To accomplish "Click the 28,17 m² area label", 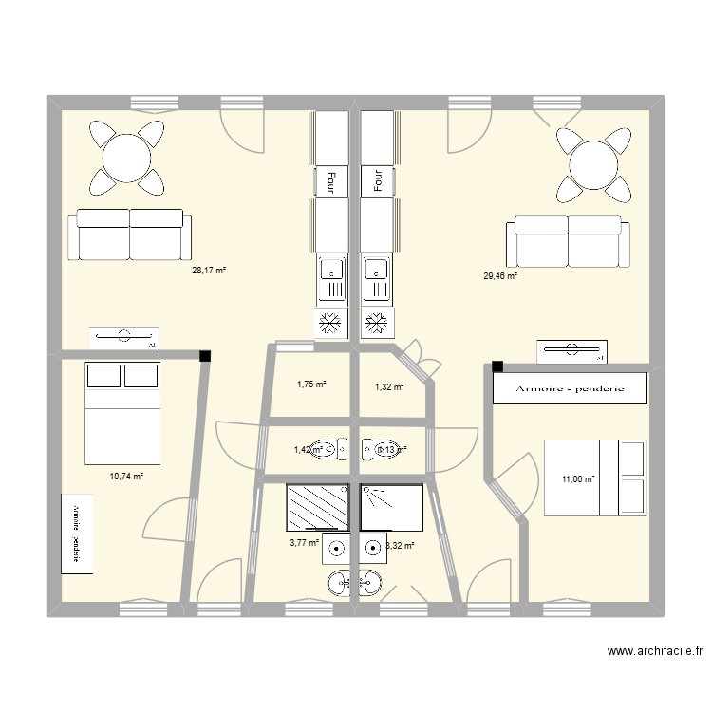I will click(209, 271).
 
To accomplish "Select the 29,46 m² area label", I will click(500, 276).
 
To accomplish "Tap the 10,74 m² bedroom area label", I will click(126, 476).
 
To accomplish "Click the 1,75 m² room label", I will click(310, 384).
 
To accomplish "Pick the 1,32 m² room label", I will click(389, 386).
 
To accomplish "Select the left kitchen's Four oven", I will click(330, 179).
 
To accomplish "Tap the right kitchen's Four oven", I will click(377, 179).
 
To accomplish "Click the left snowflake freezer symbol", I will click(330, 323).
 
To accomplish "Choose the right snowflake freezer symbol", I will click(377, 323).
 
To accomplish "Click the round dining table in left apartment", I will click(125, 157).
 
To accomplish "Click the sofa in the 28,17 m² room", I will click(129, 234).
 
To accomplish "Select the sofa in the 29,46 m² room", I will click(568, 241).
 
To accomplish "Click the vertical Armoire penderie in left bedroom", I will click(77, 533).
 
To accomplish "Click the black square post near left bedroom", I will click(204, 357).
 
